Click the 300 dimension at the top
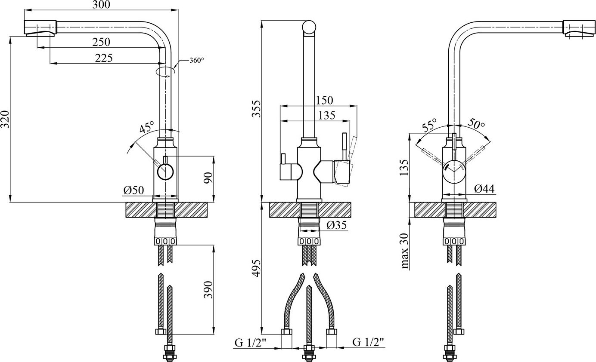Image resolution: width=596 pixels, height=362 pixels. pyautogui.click(x=101, y=5)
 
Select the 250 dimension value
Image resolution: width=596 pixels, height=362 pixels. pyautogui.click(x=101, y=42)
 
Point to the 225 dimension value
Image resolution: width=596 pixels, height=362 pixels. pyautogui.click(x=104, y=58)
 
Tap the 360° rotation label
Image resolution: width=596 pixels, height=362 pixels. pyautogui.click(x=197, y=61)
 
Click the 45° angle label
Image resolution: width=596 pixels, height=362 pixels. pyautogui.click(x=147, y=127)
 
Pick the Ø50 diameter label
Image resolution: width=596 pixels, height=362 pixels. pyautogui.click(x=133, y=190)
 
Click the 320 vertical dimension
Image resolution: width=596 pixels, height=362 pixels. pyautogui.click(x=5, y=119)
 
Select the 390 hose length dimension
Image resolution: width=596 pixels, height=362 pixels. pyautogui.click(x=208, y=289)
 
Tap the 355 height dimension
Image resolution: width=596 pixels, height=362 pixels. pyautogui.click(x=257, y=109)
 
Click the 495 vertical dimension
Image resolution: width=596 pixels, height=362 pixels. pyautogui.click(x=257, y=269)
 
